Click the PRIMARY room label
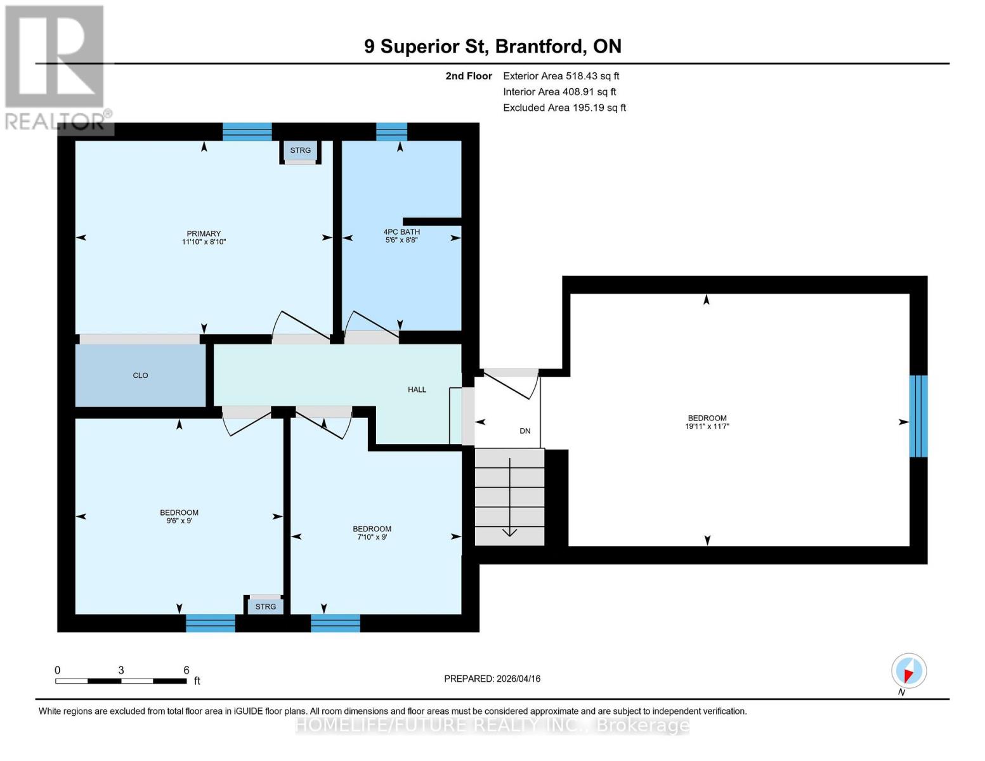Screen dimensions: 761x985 pos(204,233)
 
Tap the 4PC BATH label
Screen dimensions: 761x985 pos(401,231)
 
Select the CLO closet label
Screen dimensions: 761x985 pos(140,375)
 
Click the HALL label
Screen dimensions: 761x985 pos(417,389)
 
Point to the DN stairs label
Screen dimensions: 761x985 pos(525,431)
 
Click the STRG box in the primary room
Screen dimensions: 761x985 pos(300,150)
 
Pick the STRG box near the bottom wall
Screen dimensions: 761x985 pos(265,607)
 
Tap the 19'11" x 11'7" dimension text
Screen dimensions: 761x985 pos(707,426)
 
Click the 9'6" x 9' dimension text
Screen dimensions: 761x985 pos(179,521)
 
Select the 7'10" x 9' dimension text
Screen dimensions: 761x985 pos(372,537)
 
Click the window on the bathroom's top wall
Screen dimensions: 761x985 pos(391,131)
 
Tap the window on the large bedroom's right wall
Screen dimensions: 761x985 pos(918,416)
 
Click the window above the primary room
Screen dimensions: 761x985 pos(247,131)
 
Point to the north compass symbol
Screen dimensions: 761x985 pos(909,671)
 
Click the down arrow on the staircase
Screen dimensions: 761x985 pos(509,531)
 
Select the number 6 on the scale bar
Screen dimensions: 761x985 pos(186,670)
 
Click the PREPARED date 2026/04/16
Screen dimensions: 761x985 pos(492,679)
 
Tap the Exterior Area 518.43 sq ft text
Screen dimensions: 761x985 pos(561,76)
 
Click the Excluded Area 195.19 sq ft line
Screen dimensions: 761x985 pos(564,108)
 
